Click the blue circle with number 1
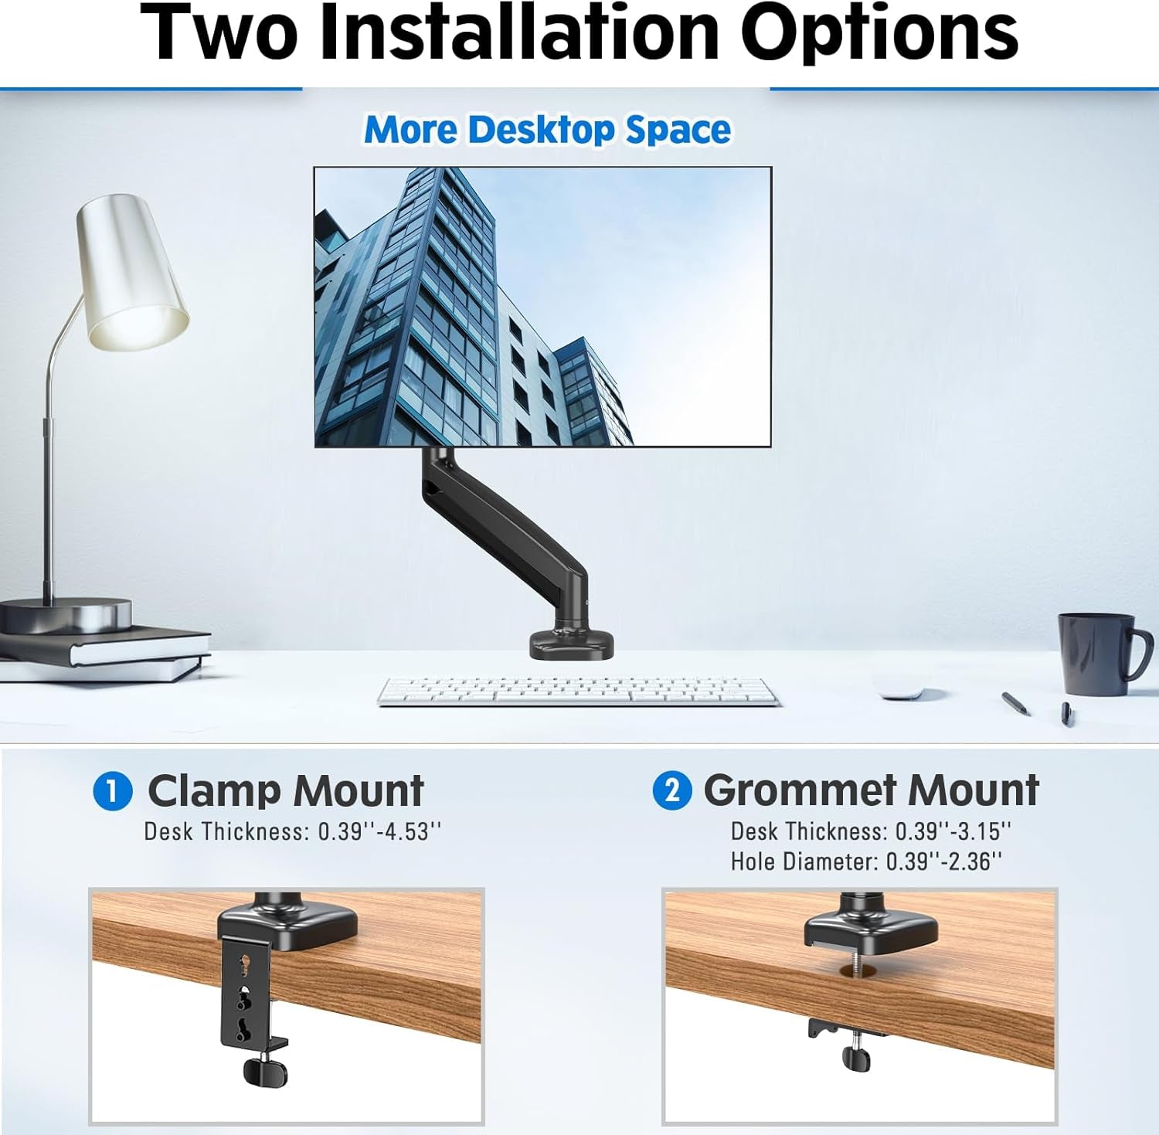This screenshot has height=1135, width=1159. tap(113, 792)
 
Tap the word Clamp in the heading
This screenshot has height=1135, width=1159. tap(214, 791)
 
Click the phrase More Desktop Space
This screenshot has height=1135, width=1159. tap(547, 130)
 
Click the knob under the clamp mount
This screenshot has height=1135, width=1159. tap(265, 1071)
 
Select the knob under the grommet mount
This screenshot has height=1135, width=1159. tap(856, 1058)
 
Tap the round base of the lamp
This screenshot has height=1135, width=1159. tap(66, 615)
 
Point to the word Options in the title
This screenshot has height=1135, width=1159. tap(879, 32)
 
